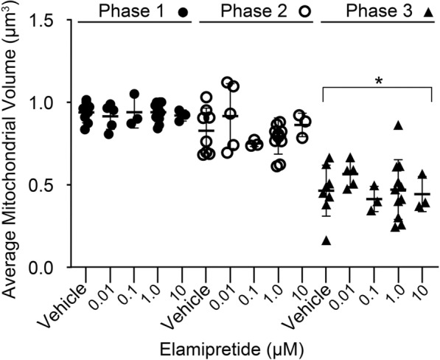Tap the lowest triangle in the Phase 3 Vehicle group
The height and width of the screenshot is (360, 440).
point(326,240)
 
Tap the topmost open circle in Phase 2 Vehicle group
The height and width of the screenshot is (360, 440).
point(206,97)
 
